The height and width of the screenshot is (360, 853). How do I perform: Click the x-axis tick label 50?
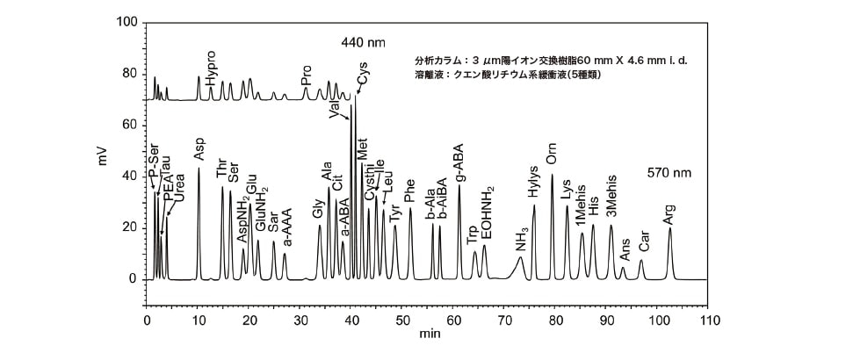point(402,320)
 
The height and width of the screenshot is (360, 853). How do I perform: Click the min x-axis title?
point(430,335)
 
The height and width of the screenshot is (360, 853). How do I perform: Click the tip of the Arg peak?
point(670,228)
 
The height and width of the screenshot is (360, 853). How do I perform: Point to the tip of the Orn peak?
point(553,175)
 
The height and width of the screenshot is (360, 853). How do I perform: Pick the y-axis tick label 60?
point(129,125)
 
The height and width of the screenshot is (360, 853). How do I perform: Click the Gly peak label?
point(318,210)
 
